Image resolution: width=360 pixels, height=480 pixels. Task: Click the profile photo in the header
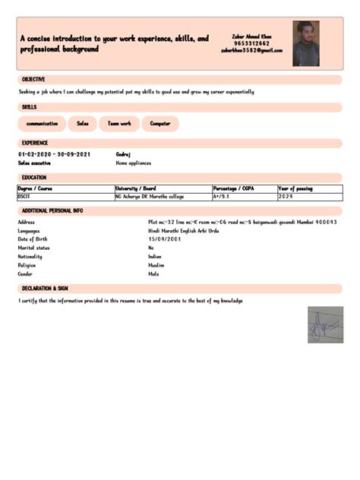pos(305,43)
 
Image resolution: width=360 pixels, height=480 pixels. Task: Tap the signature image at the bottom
pos(325,325)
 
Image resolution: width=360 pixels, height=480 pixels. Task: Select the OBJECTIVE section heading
pos(33,80)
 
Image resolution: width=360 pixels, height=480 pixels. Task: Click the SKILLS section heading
pos(29,107)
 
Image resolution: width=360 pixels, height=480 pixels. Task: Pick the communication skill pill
pos(42,123)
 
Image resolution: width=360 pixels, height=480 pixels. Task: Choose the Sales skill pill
pos(82,123)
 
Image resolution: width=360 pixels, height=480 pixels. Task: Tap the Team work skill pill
pos(119,123)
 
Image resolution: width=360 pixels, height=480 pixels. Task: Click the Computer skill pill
pos(160,123)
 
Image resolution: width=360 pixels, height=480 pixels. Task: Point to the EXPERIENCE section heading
pos(35,143)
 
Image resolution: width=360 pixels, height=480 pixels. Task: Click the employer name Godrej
pos(124,154)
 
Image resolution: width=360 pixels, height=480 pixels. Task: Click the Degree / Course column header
pos(35,188)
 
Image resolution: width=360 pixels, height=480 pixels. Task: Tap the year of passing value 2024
pos(286,196)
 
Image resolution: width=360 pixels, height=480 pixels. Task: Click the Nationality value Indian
pos(155,257)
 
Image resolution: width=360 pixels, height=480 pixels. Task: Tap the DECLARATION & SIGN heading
pos(45,289)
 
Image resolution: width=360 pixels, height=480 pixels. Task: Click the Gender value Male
pos(154,274)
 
